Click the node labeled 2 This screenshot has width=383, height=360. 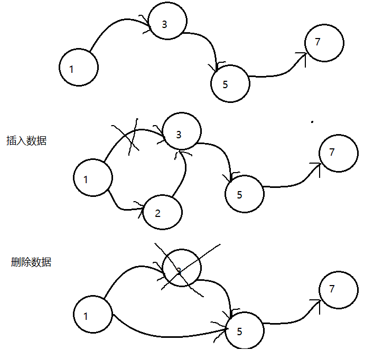[x=162, y=212]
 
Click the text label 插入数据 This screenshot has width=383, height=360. [x=26, y=141]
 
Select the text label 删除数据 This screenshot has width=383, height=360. [x=31, y=262]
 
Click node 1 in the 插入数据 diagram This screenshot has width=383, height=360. [x=93, y=178]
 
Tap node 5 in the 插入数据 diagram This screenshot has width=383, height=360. [x=244, y=194]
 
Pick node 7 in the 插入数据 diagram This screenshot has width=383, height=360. [x=339, y=153]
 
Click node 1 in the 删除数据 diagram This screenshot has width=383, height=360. [x=93, y=315]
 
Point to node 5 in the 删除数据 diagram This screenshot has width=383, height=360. [x=244, y=330]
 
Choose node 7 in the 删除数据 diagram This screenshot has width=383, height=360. [x=339, y=289]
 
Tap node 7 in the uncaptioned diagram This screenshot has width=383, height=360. [x=324, y=42]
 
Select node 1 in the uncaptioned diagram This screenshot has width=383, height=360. [x=79, y=68]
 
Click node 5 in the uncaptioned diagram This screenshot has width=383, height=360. [x=230, y=83]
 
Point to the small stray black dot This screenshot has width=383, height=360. [x=312, y=122]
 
